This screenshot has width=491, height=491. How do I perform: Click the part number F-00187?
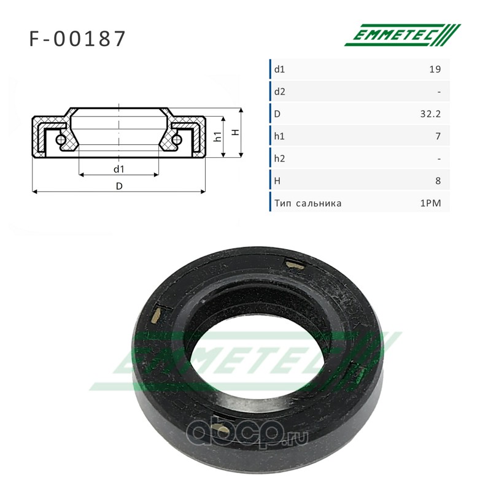click(77, 39)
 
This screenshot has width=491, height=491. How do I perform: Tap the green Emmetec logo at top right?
click(403, 35)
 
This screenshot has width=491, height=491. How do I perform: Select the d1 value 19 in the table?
click(435, 69)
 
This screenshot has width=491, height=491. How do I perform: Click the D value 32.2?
click(431, 114)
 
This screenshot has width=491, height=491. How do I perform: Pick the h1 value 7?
click(438, 136)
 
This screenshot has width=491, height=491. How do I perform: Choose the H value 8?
click(438, 181)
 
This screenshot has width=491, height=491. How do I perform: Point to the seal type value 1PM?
click(431, 203)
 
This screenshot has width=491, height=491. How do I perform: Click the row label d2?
click(280, 91)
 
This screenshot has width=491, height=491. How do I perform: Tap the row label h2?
click(280, 159)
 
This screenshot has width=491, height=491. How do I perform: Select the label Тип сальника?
click(308, 203)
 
